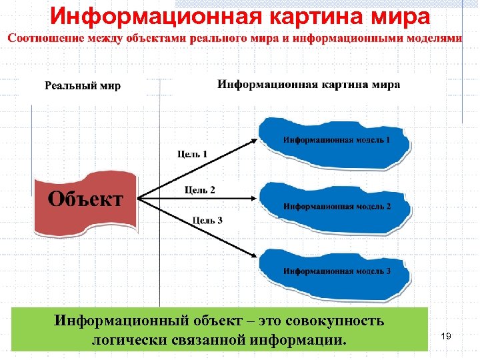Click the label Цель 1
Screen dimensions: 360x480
pos(192,154)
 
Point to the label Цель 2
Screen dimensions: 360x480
pos(200,190)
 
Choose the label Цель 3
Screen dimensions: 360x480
pos(207,220)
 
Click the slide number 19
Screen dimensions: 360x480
pos(446,337)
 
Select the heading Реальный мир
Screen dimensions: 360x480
pos(83,86)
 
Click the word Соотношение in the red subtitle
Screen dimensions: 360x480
pos(46,38)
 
